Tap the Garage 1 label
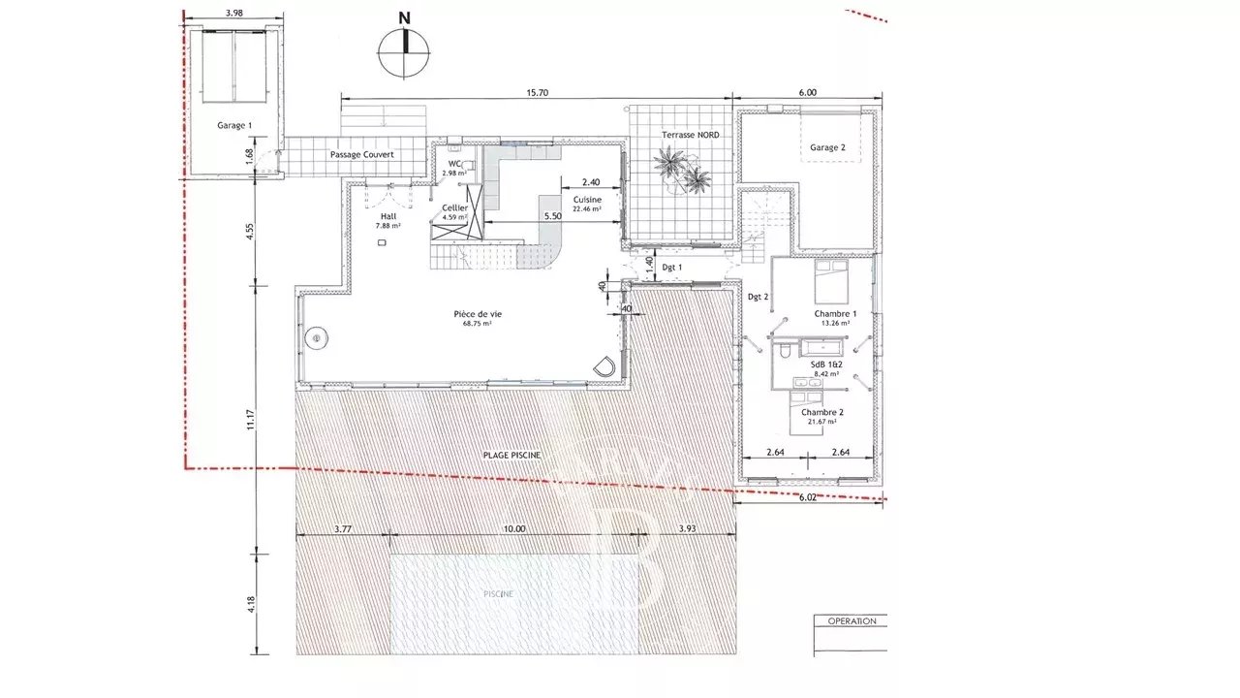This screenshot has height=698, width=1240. point(233,125)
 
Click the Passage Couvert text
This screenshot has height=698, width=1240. point(361,154)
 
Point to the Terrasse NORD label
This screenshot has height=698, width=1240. point(690,135)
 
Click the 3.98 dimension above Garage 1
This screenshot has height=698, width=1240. point(232,13)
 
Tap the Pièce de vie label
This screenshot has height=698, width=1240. point(478,313)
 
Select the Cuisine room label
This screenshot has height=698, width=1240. point(587,200)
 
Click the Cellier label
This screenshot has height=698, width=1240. point(454,207)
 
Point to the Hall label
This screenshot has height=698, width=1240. point(387,217)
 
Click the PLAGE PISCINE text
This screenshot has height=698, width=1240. point(511,455)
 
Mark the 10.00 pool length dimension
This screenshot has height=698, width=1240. point(513,529)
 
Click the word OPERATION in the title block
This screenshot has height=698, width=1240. point(851,620)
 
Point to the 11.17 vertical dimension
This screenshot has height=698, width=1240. point(251,418)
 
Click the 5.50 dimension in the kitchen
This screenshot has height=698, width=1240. point(552,215)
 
